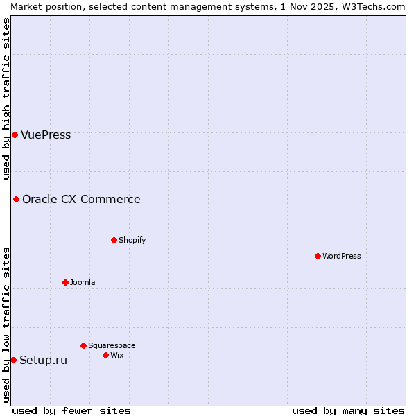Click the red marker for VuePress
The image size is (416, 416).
[15, 135]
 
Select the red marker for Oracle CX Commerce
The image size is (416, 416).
[16, 200]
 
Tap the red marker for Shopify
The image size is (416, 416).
[114, 240]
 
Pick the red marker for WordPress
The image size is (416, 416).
[318, 256]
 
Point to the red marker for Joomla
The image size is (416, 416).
[65, 282]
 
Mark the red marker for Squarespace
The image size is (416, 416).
[83, 345]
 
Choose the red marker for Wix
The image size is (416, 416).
[105, 355]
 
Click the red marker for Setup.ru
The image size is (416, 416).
[13, 360]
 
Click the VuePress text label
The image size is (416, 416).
[46, 135]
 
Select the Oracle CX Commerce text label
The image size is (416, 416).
[81, 200]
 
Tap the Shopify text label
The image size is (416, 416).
[132, 241]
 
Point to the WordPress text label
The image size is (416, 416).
[342, 257]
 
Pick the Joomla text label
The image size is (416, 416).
[83, 283]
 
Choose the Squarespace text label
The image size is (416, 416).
[112, 346]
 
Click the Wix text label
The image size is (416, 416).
[117, 356]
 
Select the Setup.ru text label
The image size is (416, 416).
[43, 360]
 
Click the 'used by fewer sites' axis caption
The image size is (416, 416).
[71, 410]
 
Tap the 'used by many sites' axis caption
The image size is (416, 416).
[348, 410]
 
